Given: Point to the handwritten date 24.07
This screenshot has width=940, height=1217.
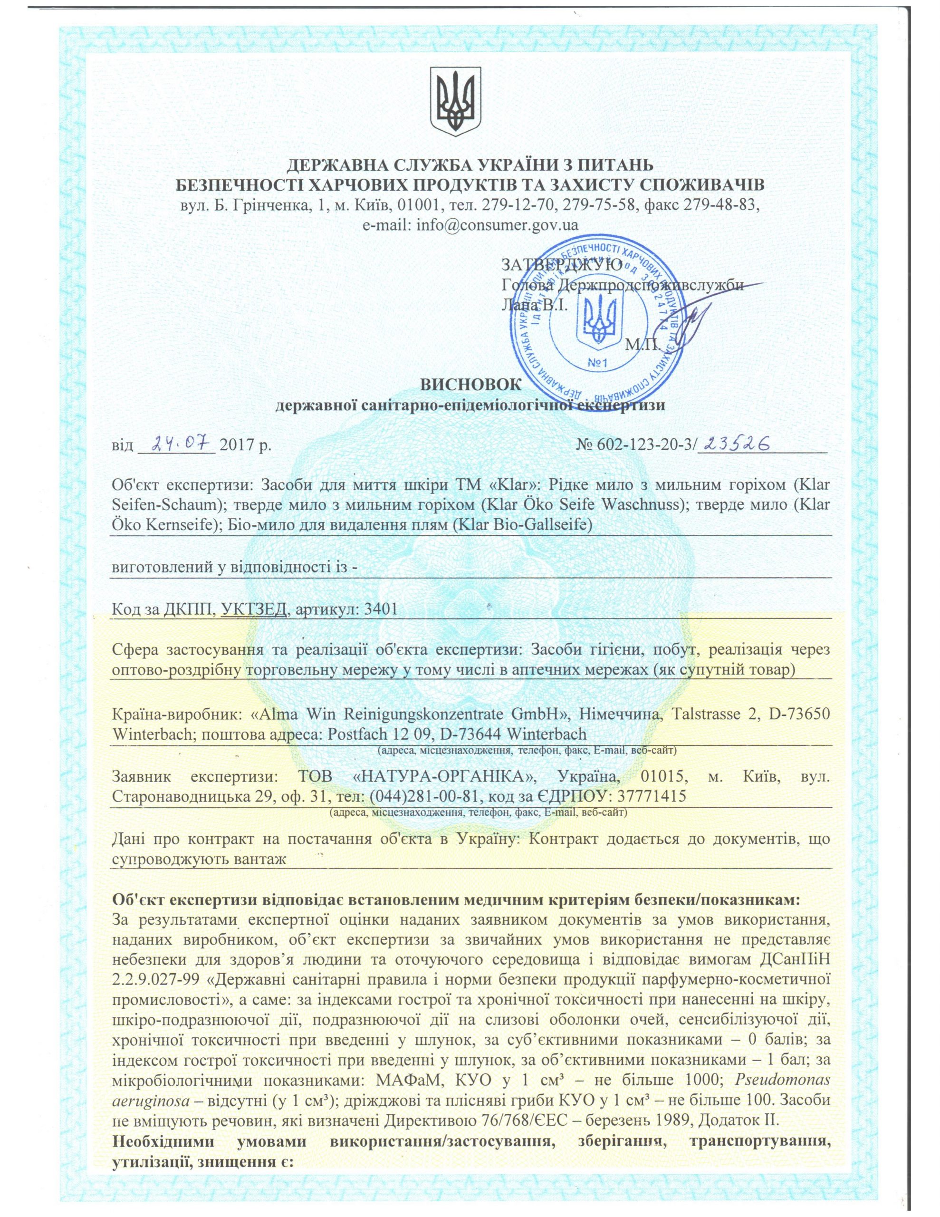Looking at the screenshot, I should click(175, 444).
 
